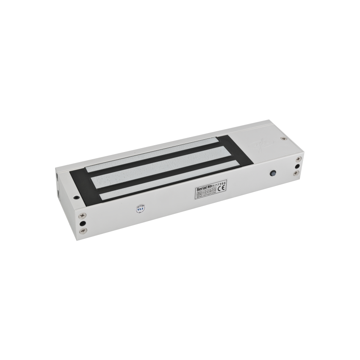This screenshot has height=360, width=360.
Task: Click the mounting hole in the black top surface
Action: pos(76,196)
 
